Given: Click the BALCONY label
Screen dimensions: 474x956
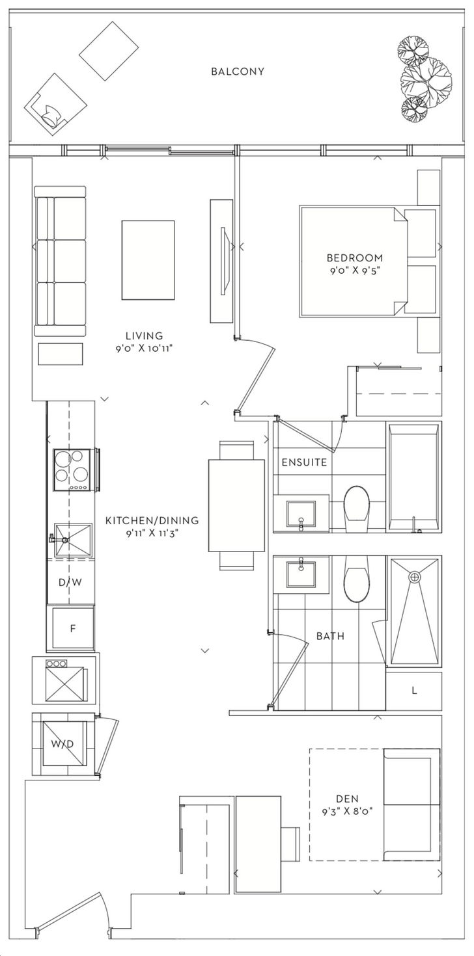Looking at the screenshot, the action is [x=237, y=72].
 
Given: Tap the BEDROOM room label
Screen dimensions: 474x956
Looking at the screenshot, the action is [x=354, y=258].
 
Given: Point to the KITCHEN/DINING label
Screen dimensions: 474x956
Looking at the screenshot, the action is [x=152, y=520].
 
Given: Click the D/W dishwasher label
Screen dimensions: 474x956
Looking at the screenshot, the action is [x=70, y=581].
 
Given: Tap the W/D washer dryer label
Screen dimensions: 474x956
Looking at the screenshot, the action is [x=63, y=744].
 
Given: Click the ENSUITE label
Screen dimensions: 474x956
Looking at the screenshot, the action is [x=304, y=462].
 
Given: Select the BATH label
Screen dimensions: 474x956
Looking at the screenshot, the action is [x=330, y=636].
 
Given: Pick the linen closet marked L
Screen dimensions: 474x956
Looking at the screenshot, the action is [x=413, y=691].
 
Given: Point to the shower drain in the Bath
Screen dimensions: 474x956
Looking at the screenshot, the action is [x=414, y=577].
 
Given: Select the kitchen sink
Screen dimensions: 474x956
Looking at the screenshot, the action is [x=72, y=541].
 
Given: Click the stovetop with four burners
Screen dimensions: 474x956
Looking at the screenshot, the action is [x=72, y=470].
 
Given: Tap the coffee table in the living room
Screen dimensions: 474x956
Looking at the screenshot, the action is [x=148, y=260].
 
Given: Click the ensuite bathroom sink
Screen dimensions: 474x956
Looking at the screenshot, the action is [x=301, y=513].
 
